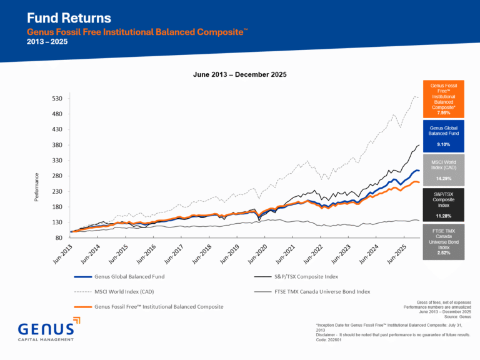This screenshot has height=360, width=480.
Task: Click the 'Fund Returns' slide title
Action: tap(69, 17)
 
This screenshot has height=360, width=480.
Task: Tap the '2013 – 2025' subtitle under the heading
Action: tap(47, 41)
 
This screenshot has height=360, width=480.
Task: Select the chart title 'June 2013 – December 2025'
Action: tap(239, 74)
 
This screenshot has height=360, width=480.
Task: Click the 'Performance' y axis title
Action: tap(37, 187)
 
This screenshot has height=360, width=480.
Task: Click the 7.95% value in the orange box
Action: tap(443, 113)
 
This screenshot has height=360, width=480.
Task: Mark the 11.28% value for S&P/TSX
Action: tap(443, 217)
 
